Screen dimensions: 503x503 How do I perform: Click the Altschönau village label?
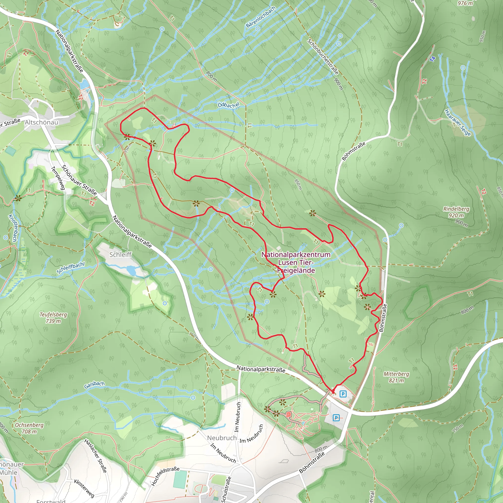42,122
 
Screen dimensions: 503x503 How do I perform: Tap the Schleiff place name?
120,254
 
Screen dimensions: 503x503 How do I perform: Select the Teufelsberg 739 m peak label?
53,318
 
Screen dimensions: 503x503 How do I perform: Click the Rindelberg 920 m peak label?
456,212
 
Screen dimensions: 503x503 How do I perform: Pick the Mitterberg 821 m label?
396,377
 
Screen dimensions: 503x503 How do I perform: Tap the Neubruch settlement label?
222,438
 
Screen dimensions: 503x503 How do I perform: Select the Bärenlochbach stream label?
261,17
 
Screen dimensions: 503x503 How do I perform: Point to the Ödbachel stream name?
228,105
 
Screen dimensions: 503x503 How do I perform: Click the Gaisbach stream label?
94,385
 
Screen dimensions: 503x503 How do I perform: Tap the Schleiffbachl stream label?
70,268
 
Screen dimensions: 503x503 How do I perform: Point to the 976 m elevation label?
465,3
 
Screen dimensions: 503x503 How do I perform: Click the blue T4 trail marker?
433,59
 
